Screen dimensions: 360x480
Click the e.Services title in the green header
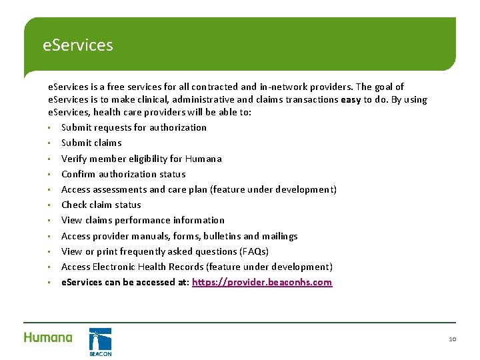(x=77, y=45)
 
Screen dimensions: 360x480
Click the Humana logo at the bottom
(x=48, y=337)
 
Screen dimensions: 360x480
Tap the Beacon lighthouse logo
(x=100, y=341)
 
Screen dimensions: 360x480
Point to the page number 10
(x=452, y=339)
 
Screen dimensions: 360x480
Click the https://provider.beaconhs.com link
(x=262, y=282)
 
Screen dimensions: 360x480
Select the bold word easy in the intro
(x=351, y=99)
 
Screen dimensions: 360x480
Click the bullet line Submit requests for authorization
(x=133, y=127)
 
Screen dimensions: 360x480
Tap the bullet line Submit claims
(x=91, y=143)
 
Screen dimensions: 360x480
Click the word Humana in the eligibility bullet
(x=203, y=159)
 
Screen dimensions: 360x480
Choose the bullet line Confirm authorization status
(x=123, y=174)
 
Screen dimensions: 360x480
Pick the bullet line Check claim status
(x=101, y=205)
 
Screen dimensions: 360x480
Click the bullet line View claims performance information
(x=143, y=220)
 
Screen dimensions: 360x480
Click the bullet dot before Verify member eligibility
(x=49, y=159)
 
